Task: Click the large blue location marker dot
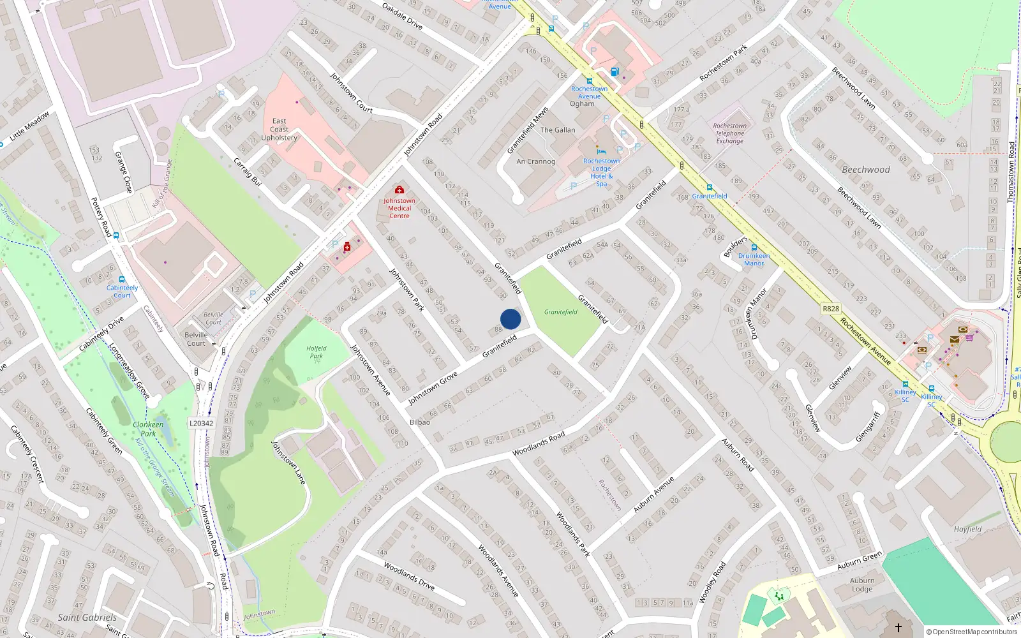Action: coord(511,319)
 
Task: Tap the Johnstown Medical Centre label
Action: coord(399,208)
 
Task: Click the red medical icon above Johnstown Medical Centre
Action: coord(399,189)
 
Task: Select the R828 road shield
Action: coord(831,309)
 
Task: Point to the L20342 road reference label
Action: coord(202,423)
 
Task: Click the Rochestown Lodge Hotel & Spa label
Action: coord(601,172)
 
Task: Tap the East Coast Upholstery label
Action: coord(279,130)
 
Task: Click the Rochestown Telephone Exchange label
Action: coord(729,133)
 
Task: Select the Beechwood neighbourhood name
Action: coord(865,170)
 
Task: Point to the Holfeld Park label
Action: coord(316,352)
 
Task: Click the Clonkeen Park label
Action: coord(148,429)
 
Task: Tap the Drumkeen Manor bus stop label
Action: coord(754,260)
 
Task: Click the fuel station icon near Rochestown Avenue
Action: coord(615,72)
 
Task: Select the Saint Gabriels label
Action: coord(87,618)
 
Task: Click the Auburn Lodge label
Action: coord(862,584)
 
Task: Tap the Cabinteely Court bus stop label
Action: coord(122,292)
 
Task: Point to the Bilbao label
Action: coord(420,422)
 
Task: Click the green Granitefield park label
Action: coord(560,312)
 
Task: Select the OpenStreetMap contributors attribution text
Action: coord(971,632)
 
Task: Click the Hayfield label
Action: coord(967,529)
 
